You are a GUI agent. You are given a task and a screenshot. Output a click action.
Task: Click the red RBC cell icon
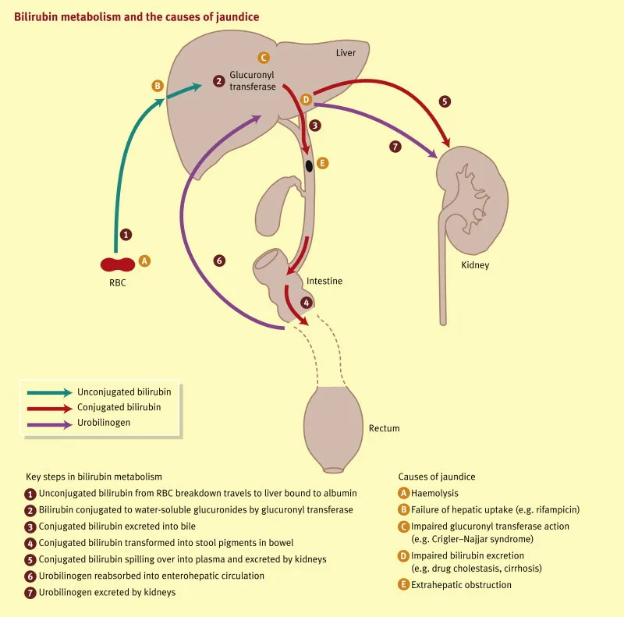(x=116, y=265)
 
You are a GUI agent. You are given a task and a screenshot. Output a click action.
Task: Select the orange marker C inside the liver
(x=264, y=57)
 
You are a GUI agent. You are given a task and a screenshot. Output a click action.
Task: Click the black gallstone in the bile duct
(x=310, y=165)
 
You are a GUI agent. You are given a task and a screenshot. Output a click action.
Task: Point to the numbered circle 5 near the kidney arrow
(x=445, y=101)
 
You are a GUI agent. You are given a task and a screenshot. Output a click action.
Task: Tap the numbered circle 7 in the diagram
(x=395, y=146)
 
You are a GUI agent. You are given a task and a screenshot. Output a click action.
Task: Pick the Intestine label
(x=324, y=281)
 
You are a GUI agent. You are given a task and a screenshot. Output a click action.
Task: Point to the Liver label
(x=346, y=54)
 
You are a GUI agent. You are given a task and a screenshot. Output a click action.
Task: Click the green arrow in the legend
(x=49, y=392)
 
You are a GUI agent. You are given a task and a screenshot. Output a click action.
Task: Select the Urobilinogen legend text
(x=104, y=422)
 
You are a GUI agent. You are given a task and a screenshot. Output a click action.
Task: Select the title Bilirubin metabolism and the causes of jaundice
(x=136, y=16)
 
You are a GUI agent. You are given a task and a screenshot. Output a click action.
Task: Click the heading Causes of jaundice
(x=436, y=476)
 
